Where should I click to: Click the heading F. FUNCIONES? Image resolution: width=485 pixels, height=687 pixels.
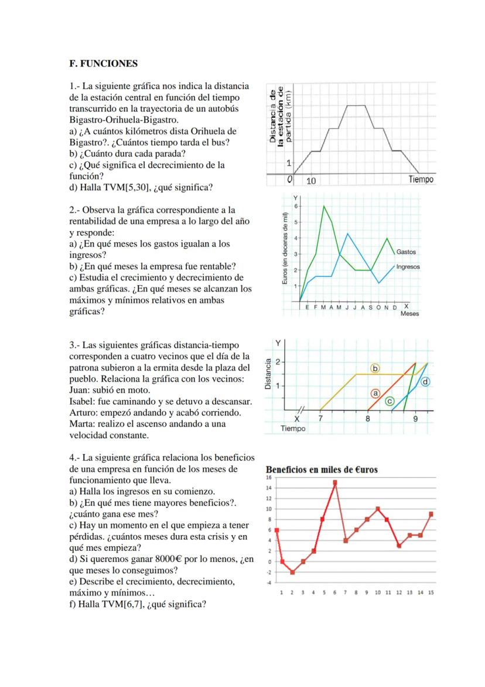pos(103,63)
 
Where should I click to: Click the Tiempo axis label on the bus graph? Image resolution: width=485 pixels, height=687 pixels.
pos(421,180)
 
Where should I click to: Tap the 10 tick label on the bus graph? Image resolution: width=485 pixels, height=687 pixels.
pos(311,181)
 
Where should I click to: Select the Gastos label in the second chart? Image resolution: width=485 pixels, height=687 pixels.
pos(406,252)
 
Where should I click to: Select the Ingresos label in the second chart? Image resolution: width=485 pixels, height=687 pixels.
pos(408,267)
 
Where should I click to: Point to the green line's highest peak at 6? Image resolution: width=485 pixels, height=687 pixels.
pos(324,206)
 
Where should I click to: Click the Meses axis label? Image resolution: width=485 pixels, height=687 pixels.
pos(409,314)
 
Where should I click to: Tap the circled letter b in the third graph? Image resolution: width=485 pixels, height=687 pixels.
pos(375,368)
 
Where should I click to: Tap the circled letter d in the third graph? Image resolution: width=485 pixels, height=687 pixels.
pos(426,382)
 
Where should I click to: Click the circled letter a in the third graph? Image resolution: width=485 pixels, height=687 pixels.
pos(376,393)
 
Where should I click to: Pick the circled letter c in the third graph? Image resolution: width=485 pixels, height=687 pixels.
pos(390,401)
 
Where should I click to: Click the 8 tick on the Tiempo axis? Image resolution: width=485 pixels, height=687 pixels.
pos(368,419)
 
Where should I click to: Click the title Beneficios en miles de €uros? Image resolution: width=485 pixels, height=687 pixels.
pos(322,469)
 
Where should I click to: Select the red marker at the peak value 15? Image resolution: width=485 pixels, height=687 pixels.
pos(335,483)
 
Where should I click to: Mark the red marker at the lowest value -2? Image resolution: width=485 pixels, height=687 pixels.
pos(292,572)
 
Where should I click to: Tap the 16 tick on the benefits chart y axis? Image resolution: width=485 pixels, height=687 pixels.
pos(269,478)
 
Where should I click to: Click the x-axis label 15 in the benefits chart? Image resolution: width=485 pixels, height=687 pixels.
pos(431,593)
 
